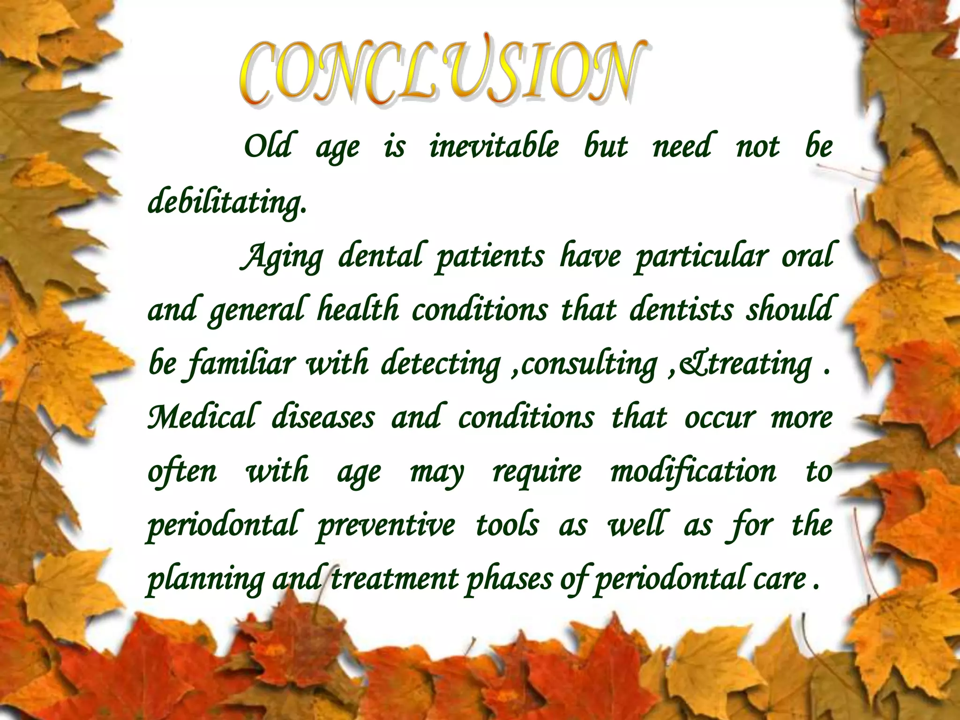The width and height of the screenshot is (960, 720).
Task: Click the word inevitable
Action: [x=494, y=146]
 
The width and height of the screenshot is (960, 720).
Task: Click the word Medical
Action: [x=202, y=417]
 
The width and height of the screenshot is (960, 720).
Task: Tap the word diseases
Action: [x=323, y=417]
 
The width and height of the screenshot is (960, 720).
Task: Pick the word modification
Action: [x=693, y=472]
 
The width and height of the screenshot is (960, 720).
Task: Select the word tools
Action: [x=507, y=525]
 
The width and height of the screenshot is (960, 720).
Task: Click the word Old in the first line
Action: [x=268, y=146]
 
